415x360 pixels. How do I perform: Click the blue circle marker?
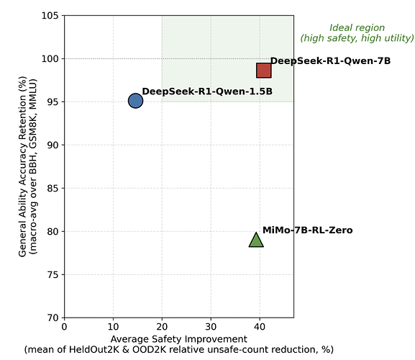135,101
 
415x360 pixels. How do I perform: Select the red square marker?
264,71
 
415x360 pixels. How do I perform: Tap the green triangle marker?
256,240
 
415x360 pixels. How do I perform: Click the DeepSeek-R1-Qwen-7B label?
330,61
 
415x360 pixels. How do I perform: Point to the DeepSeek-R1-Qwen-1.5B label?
207,91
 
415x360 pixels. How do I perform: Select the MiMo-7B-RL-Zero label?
308,230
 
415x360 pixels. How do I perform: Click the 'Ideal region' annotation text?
357,27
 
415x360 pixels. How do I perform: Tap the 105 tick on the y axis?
50,16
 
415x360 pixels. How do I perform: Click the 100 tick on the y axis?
50,58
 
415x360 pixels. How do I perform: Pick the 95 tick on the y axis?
53,102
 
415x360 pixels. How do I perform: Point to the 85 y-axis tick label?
53,189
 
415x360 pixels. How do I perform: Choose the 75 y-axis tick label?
53,275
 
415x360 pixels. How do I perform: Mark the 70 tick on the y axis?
53,318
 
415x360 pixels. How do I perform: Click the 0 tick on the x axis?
64,327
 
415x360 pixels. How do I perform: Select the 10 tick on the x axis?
113,327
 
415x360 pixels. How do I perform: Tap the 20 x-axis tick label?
162,327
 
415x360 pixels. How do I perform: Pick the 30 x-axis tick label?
211,327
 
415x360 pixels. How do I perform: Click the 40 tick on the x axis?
260,327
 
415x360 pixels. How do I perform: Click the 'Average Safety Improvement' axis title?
179,339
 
